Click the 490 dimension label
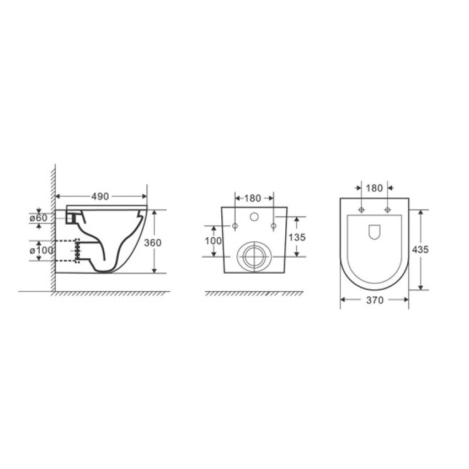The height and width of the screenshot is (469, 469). click(100, 196)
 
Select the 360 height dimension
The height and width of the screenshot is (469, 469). click(152, 243)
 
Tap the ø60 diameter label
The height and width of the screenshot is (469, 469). click(39, 218)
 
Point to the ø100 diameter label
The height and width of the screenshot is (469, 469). click(41, 250)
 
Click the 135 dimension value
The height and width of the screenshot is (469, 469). click(297, 237)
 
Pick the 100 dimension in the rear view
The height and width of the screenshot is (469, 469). click(214, 241)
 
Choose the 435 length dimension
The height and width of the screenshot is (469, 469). click(420, 249)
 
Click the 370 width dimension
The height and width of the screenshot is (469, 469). click(375, 300)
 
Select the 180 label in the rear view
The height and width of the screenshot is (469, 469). click(253, 198)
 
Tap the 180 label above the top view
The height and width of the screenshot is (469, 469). click(375, 188)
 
